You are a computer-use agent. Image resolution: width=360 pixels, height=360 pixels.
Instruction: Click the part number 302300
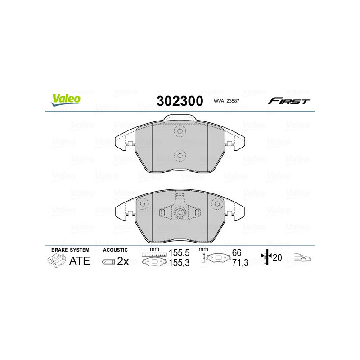[x=180, y=101]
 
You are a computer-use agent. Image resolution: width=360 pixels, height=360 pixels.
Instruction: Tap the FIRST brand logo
[x=289, y=101]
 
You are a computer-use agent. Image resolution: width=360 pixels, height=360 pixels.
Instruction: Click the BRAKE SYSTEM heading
[x=70, y=249]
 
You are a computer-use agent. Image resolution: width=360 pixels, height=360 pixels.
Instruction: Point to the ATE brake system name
[x=79, y=261]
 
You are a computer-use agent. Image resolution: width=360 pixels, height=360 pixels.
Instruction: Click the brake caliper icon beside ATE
[x=56, y=261]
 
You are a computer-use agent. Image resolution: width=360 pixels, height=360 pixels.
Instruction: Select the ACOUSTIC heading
[x=116, y=249]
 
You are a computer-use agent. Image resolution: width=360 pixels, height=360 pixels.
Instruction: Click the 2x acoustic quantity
[x=122, y=261]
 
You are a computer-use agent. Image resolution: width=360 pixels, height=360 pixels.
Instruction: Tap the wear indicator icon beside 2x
[x=108, y=261]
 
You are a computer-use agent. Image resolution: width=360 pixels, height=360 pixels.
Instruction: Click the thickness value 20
[x=278, y=257]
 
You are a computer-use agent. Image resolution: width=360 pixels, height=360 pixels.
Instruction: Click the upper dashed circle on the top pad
[x=180, y=132]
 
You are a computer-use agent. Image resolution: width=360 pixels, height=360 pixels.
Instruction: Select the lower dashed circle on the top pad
[x=180, y=156]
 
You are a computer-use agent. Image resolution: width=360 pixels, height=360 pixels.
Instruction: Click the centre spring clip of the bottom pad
[x=180, y=213]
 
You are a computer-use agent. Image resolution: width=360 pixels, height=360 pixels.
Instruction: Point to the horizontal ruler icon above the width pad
[x=154, y=255]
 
